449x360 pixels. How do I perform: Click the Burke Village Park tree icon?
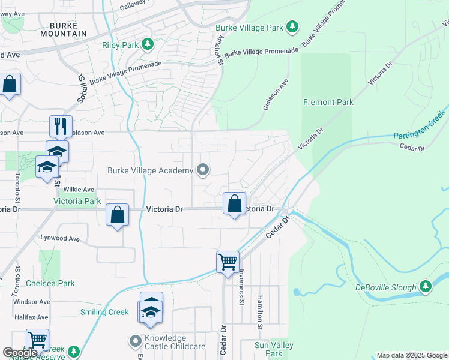292,26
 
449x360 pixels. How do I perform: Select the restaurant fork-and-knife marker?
60,126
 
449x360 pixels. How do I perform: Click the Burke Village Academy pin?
203,170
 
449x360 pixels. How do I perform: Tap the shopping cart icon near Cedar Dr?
228,262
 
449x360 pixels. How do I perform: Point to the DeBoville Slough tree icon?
426,287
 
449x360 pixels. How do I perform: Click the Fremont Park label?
328,102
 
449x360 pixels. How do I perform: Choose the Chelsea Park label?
50,283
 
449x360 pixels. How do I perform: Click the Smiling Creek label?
104,312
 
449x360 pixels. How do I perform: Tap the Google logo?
19,353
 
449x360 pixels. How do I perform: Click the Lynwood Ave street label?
60,238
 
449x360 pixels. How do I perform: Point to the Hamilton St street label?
261,312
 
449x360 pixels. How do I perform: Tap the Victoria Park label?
77,201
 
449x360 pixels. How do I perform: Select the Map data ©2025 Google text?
411,355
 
